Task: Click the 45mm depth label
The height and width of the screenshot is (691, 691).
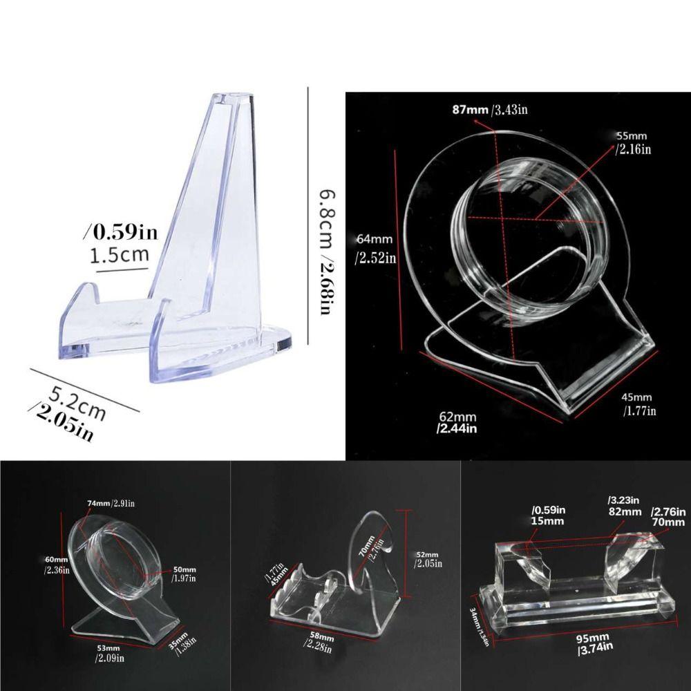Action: tap(636, 397)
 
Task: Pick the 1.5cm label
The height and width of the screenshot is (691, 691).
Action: tap(120, 255)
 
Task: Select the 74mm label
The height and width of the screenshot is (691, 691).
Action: tap(99, 502)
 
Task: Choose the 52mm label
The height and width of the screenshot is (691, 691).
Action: tap(427, 555)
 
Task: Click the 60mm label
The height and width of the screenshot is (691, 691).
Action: tap(56, 559)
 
